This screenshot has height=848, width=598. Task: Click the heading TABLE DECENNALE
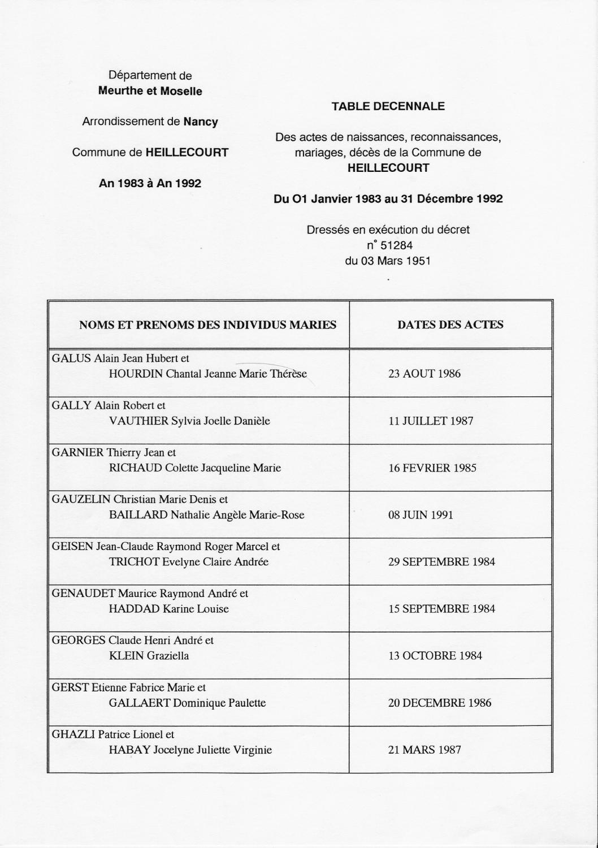(388, 106)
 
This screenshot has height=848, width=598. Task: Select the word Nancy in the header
(201, 122)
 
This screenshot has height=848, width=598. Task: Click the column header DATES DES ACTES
(450, 325)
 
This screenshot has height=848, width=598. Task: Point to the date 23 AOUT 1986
(424, 374)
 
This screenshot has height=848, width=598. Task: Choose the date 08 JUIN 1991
(421, 515)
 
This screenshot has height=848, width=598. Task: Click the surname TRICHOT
(134, 562)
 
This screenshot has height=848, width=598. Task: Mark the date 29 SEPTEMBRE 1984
(441, 562)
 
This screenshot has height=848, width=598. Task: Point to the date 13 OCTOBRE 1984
(435, 656)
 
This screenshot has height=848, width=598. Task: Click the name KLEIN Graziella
(149, 656)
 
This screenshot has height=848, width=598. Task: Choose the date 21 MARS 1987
(424, 750)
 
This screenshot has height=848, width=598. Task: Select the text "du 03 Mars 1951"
(388, 261)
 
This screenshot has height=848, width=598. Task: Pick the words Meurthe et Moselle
(150, 91)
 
